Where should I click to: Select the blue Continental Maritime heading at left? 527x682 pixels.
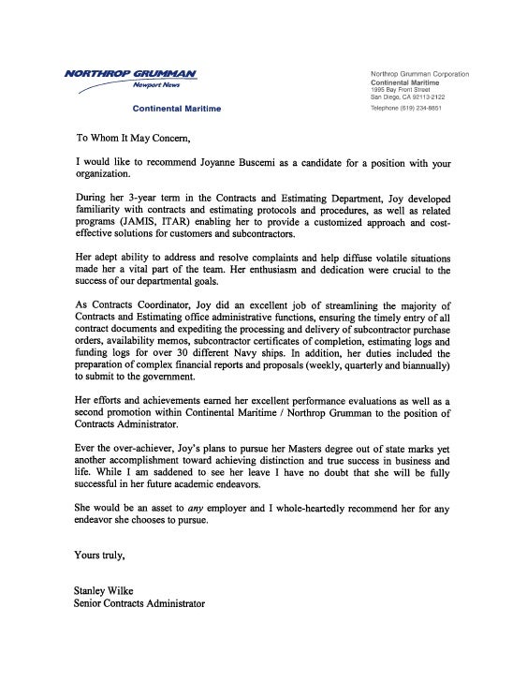(177, 109)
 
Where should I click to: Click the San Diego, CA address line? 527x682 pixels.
(407, 96)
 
